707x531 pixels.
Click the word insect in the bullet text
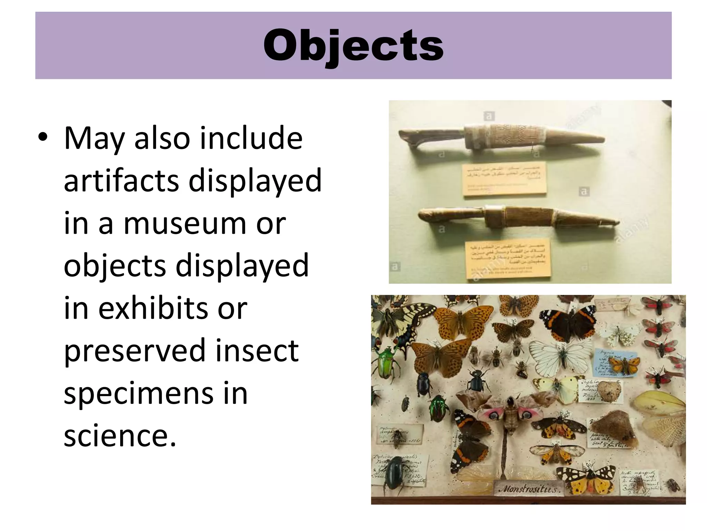(257, 351)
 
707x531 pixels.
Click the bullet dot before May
(43, 138)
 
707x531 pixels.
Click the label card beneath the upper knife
(504, 178)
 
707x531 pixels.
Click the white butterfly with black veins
(561, 357)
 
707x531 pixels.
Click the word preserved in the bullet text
(135, 351)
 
